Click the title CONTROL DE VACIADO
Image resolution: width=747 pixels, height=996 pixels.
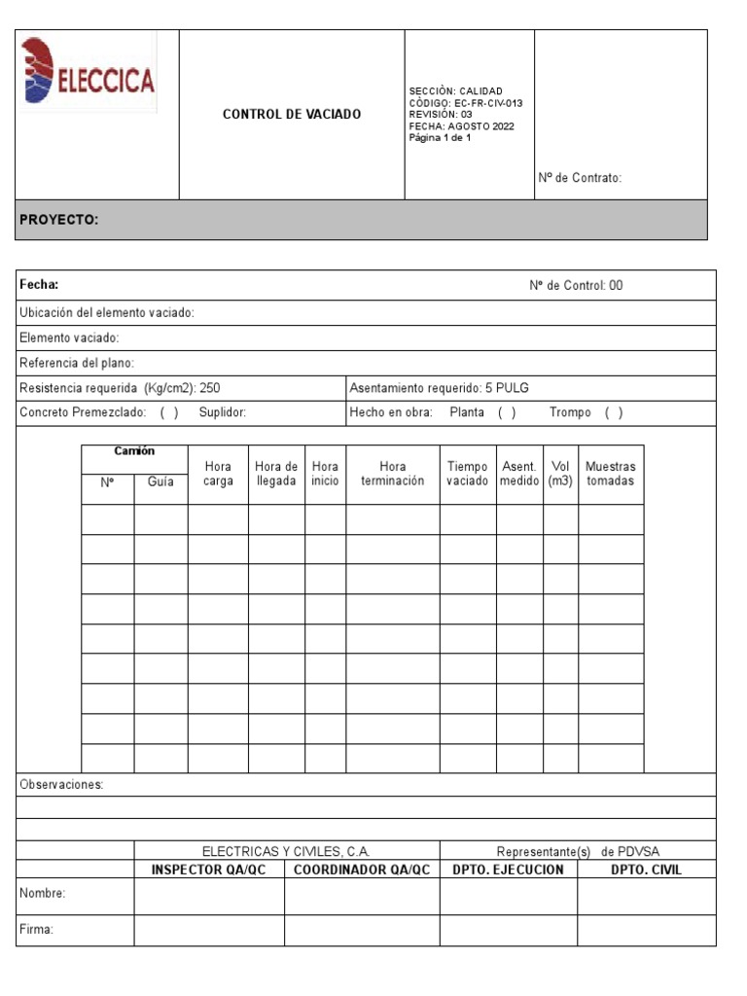[x=292, y=114]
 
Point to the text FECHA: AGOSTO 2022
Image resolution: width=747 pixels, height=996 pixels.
[x=462, y=126]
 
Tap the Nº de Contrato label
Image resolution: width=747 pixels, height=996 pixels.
[x=580, y=178]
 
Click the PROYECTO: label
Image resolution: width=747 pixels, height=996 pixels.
[x=59, y=220]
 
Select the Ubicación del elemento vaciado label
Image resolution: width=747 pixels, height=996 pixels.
[x=107, y=312]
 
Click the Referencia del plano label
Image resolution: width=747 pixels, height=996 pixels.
[x=77, y=363]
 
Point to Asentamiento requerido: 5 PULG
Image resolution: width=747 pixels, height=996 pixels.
[x=439, y=388]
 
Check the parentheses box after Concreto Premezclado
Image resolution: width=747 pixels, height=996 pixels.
[x=169, y=412]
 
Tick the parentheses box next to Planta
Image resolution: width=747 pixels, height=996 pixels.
[x=507, y=412]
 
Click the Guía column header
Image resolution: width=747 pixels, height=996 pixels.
[x=160, y=481]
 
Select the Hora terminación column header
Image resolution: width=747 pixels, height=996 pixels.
[x=392, y=474]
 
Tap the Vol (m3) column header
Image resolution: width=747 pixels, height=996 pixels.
[x=560, y=474]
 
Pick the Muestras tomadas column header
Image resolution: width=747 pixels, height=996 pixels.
[x=611, y=474]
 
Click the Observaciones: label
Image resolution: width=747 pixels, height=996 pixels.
[x=61, y=785]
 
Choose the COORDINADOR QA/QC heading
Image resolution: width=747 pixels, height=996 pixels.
[x=362, y=870]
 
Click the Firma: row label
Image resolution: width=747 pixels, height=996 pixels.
[x=36, y=930]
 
